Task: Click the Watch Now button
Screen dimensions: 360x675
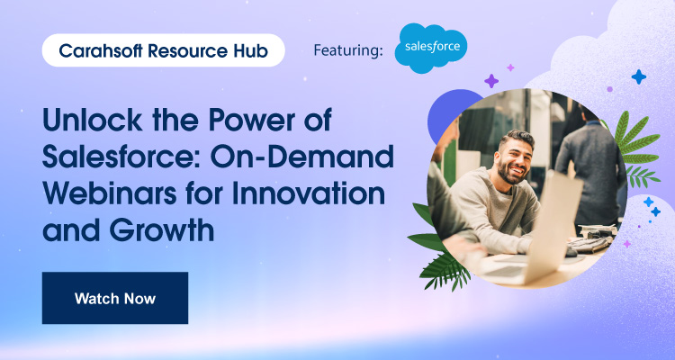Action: (114, 297)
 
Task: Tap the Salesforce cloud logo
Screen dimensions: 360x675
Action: (432, 49)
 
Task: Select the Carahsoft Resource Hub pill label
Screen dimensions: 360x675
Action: (163, 50)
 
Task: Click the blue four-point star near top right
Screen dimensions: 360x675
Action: (639, 77)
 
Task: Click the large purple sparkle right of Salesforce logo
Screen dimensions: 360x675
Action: (491, 81)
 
